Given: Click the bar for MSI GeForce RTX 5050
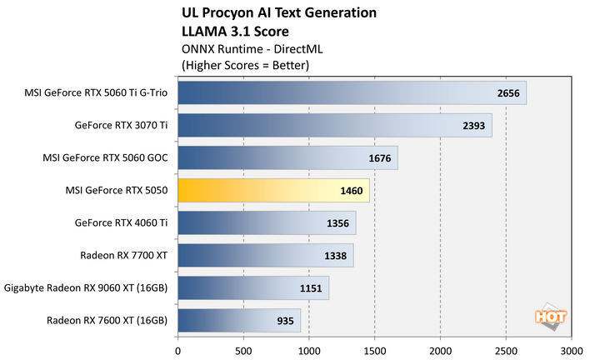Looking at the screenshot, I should point(273,191).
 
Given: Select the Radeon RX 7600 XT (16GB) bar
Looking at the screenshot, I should point(238,320).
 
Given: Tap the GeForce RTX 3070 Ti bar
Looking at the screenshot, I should point(334,126).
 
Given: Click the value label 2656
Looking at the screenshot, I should point(507,93).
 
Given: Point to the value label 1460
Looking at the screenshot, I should point(351,191).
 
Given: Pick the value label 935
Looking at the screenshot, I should point(285,320).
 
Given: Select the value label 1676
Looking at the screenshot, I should point(379,158).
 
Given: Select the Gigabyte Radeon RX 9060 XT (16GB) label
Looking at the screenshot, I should point(86,287).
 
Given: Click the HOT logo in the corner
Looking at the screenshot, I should point(547,317).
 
